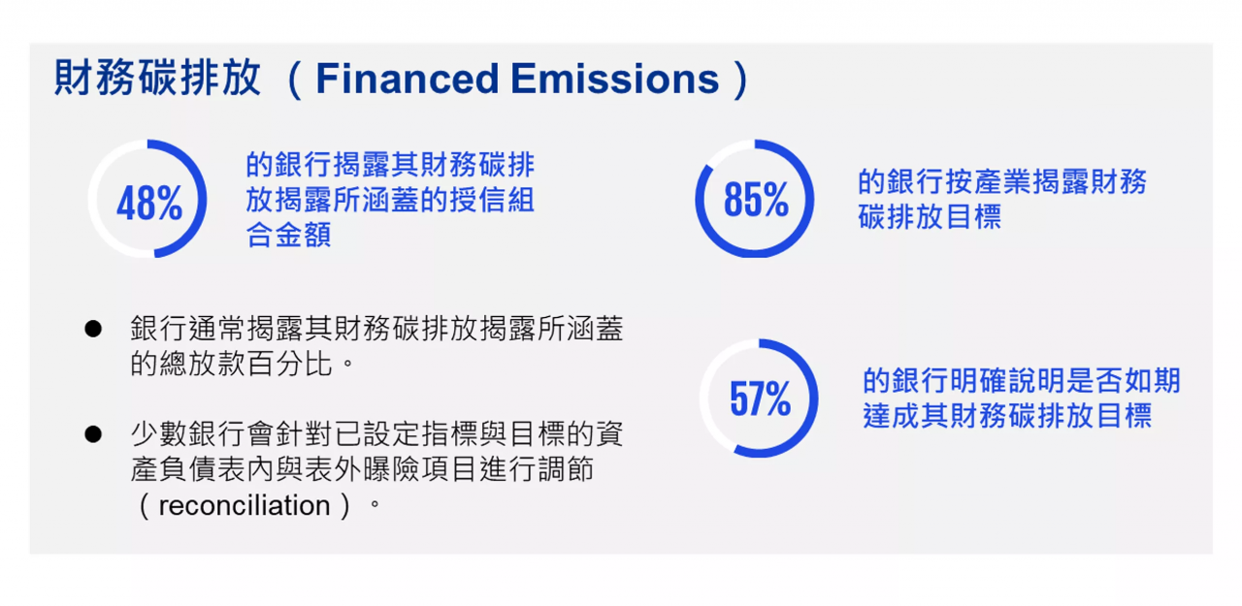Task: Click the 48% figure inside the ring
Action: (149, 203)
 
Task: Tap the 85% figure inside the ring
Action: (756, 199)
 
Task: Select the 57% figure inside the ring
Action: (760, 399)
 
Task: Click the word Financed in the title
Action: (408, 79)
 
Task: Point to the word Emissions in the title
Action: (615, 79)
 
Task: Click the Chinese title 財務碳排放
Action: (157, 78)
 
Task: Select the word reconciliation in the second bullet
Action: (245, 505)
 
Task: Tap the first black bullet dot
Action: (93, 329)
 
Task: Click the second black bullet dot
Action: (93, 434)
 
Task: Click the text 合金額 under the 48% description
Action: (288, 235)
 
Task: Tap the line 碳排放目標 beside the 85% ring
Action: (930, 216)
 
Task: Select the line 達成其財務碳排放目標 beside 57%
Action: (1007, 415)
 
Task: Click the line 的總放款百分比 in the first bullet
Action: (231, 364)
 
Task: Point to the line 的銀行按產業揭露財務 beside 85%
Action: (1002, 181)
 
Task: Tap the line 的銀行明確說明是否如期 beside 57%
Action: (1022, 380)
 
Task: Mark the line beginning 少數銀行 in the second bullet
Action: (377, 433)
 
